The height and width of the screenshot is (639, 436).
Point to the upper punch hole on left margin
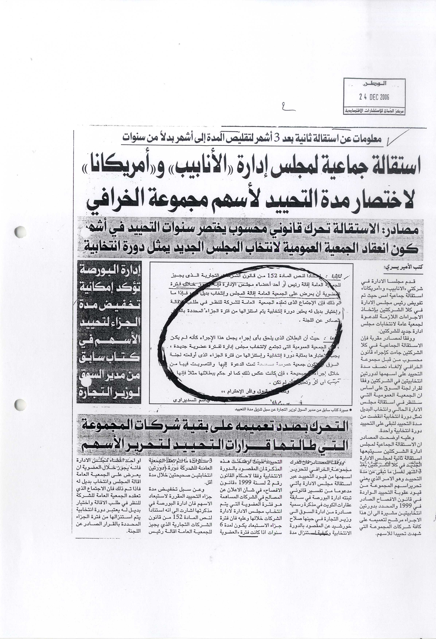coord(20,232)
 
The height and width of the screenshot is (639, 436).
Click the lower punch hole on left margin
coord(20,405)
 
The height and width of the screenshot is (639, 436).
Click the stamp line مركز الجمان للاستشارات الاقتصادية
coord(374,111)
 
